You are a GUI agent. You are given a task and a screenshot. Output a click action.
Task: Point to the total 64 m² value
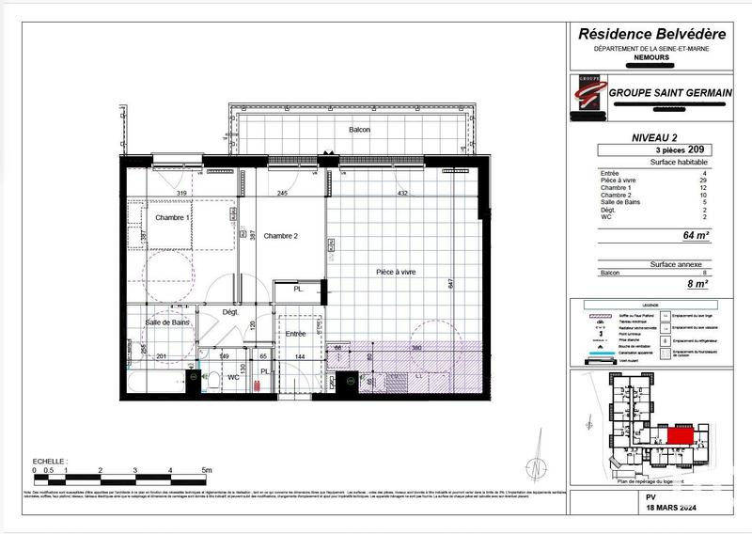click(695, 236)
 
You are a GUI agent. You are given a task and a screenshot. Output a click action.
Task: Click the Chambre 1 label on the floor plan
click(173, 217)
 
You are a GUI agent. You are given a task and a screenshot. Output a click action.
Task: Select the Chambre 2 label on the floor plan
click(280, 236)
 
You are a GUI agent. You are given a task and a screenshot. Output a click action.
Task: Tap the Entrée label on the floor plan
click(296, 334)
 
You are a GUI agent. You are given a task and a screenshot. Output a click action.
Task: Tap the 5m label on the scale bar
click(206, 469)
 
